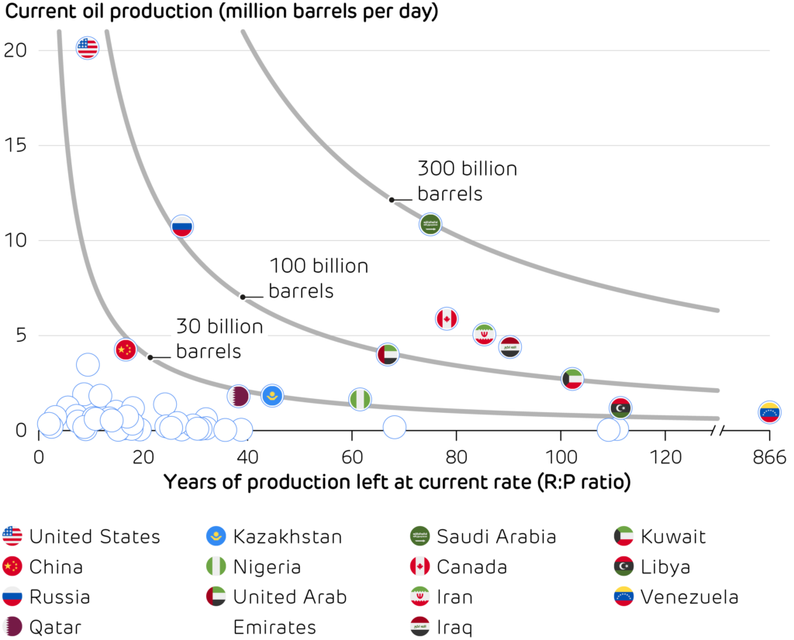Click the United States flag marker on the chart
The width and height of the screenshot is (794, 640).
(88, 49)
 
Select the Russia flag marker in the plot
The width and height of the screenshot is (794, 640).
(181, 227)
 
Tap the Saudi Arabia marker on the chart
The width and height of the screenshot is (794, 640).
(430, 225)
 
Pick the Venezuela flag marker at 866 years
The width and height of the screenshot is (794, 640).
(769, 411)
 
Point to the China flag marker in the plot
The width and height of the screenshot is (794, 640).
(126, 349)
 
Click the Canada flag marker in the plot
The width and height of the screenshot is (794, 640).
(447, 318)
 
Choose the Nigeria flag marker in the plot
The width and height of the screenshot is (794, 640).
(360, 399)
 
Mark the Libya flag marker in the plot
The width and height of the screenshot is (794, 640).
(620, 407)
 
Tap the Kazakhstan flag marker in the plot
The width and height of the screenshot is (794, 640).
(272, 396)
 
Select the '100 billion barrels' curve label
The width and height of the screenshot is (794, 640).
(318, 279)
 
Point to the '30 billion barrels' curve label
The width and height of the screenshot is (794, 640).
(219, 339)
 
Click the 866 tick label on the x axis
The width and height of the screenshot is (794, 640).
(769, 458)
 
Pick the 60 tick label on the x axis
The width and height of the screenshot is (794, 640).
(352, 458)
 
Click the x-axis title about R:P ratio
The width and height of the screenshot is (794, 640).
(396, 482)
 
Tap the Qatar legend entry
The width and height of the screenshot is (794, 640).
(54, 627)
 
